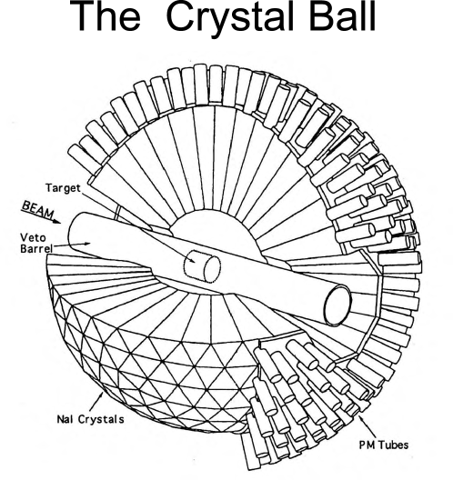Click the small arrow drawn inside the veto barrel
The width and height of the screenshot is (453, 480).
pyautogui.click(x=91, y=244)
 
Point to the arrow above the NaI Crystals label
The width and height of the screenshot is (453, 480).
pyautogui.click(x=135, y=395)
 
